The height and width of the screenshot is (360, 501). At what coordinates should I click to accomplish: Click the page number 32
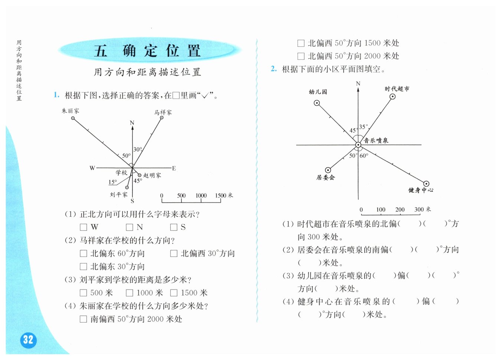pos(28,340)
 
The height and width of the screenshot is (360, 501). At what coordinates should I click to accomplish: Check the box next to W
pos(83,227)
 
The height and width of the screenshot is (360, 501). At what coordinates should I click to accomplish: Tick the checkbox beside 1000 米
pos(130,293)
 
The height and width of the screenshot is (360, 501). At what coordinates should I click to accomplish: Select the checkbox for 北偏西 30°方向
pos(174,254)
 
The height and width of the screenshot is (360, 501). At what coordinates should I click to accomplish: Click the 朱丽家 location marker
pos(73,118)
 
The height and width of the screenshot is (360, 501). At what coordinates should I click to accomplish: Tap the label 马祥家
pos(163,112)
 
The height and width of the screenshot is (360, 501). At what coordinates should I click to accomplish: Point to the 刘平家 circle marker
pos(127,188)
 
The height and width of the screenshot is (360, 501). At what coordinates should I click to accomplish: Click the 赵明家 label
pos(152,175)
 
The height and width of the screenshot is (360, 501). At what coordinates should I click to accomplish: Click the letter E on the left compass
pos(174,168)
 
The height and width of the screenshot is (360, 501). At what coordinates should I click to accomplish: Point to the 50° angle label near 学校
pos(126,156)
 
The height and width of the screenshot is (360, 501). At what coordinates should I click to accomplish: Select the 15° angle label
pos(112,182)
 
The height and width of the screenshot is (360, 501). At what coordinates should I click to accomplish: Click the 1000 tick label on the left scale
pos(201,195)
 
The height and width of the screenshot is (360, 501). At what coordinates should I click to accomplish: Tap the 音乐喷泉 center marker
pos(358,145)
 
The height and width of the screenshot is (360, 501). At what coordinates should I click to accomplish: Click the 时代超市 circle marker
pos(392,97)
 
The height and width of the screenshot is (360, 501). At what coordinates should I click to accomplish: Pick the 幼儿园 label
pos(318,92)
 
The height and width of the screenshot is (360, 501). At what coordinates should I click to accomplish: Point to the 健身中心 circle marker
pos(426,184)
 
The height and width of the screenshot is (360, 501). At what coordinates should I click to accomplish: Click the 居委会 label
pos(325,178)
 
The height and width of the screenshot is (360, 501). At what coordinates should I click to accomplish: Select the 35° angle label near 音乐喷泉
pos(363,127)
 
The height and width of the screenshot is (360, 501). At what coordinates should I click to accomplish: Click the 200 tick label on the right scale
pos(400,209)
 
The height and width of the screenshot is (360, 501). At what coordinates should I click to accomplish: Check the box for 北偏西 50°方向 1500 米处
pos(301,43)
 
